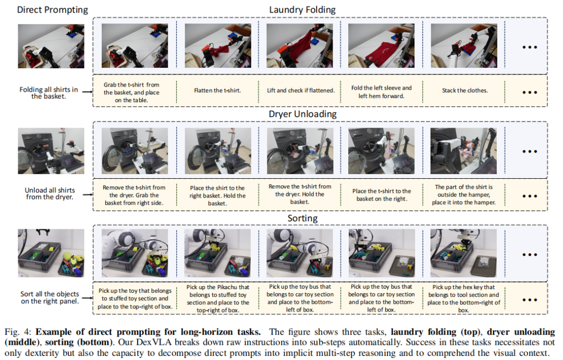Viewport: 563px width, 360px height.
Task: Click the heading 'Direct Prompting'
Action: [53, 10]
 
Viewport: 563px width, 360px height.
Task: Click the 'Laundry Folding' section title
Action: [302, 10]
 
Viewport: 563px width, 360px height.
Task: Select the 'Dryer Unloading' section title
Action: [303, 114]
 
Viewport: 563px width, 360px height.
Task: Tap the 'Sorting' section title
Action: [302, 218]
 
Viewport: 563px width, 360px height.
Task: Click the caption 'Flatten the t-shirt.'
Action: [217, 91]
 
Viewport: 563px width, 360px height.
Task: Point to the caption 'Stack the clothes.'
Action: [465, 91]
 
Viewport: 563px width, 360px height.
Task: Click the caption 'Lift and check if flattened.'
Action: [301, 91]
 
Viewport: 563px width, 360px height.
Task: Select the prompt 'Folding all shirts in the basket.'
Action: [48, 93]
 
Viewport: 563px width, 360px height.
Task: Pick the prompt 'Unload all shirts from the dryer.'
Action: [50, 193]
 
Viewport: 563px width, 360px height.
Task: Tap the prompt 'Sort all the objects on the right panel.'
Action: [50, 297]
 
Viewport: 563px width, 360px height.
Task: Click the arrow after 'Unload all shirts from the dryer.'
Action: [88, 194]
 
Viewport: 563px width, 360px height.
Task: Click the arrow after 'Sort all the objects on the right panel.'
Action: [88, 298]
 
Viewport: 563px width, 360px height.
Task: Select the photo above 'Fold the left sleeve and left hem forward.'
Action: [381, 45]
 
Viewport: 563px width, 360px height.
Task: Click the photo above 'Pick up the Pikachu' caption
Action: [217, 253]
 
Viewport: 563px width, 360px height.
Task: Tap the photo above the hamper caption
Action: [463, 151]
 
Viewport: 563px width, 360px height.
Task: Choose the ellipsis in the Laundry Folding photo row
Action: [530, 47]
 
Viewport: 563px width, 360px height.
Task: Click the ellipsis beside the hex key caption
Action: [530, 300]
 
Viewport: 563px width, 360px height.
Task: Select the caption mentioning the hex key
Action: [463, 299]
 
